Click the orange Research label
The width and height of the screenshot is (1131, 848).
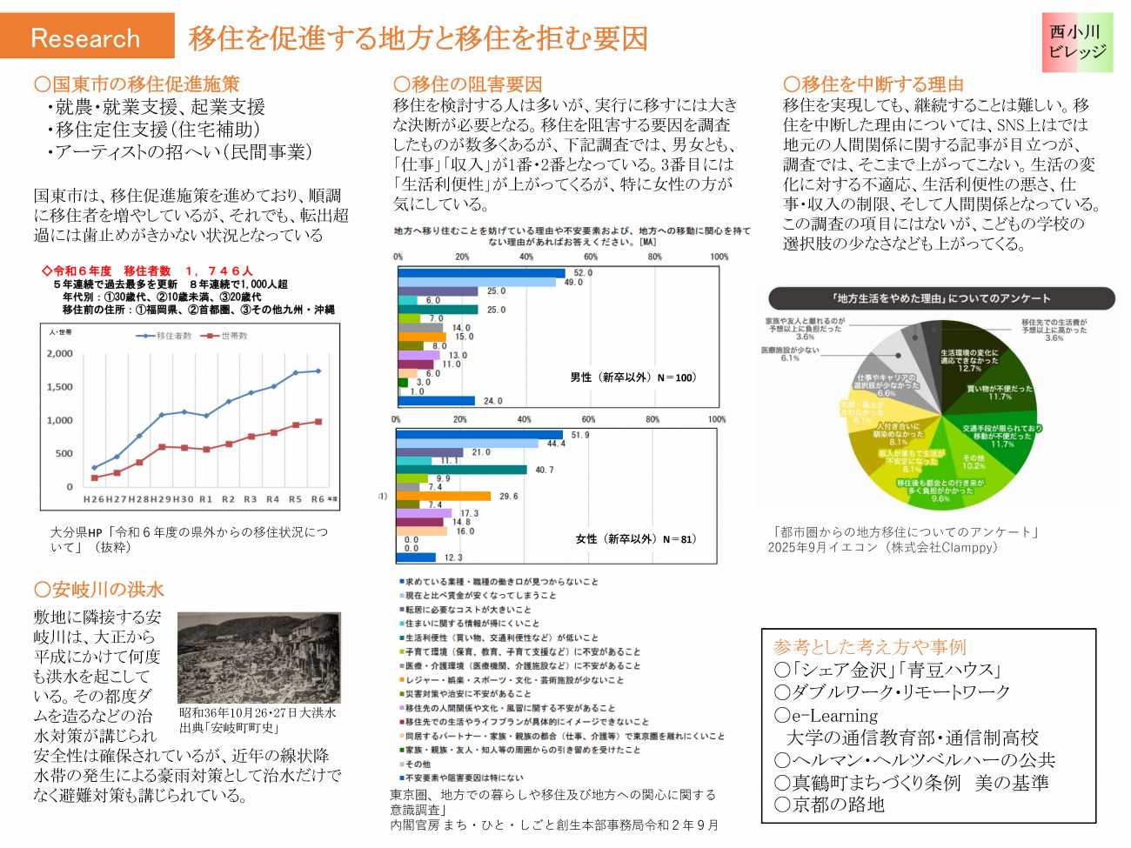[x=86, y=37]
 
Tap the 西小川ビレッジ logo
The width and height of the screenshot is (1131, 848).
[x=1077, y=42]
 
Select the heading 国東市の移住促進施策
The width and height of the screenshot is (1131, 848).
[x=137, y=84]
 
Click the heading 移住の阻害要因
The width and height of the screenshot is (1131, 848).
[x=468, y=84]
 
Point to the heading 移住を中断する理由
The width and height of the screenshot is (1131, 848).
[x=873, y=84]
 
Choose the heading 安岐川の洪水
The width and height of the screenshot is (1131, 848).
[x=98, y=590]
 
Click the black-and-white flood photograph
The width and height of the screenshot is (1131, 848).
[x=258, y=658]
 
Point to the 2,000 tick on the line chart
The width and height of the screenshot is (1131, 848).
[x=59, y=354]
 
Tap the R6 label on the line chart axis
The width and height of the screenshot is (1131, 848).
[x=318, y=499]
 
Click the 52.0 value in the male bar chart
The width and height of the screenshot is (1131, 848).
[x=583, y=273]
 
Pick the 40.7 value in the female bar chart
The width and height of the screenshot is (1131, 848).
[x=545, y=471]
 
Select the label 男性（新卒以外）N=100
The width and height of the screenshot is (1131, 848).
[x=632, y=377]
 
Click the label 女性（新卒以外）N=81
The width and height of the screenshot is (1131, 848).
[x=636, y=539]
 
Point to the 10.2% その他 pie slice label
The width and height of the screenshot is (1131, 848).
[x=974, y=462]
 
